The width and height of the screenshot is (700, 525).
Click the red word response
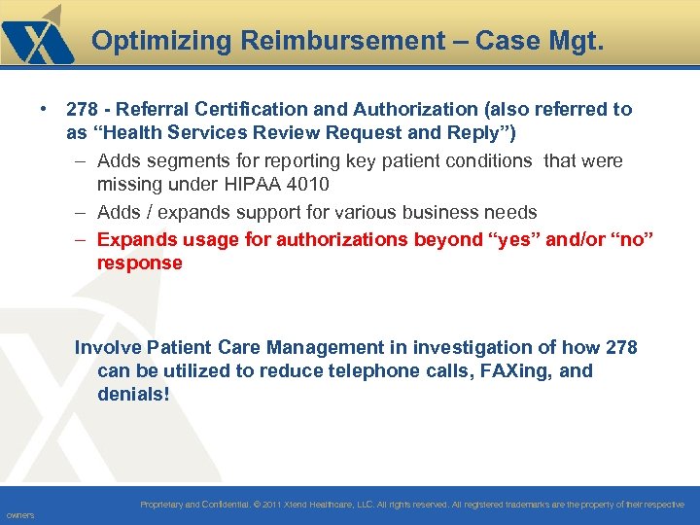tap(139, 262)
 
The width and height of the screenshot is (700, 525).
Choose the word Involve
tap(107, 347)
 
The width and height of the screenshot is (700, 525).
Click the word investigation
tap(466, 347)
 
